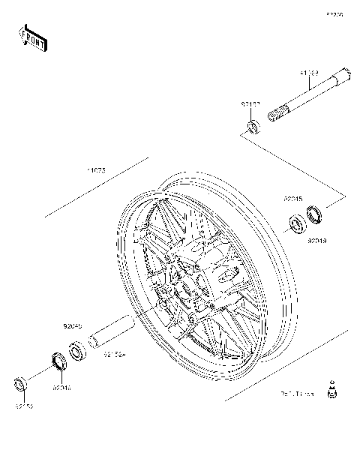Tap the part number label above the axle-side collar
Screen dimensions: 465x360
[250, 104]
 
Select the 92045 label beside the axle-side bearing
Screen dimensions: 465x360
[293, 199]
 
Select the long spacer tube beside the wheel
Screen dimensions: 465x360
[111, 333]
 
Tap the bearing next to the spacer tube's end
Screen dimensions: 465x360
[76, 350]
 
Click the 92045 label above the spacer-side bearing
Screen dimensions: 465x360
[72, 327]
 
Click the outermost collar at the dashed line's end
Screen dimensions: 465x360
[22, 384]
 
